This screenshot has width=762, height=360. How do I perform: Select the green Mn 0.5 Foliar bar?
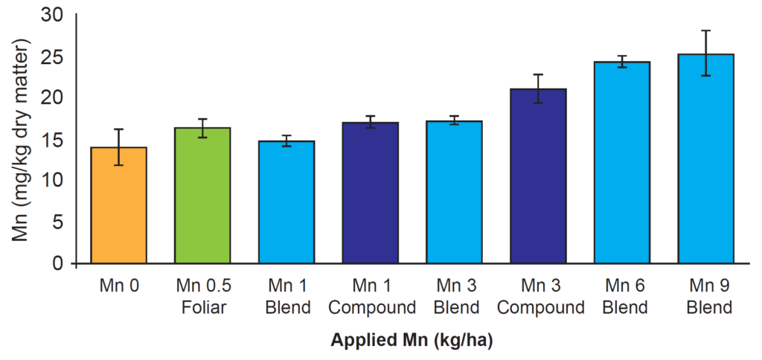[x=202, y=196]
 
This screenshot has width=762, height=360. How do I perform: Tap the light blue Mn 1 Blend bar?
[x=286, y=202]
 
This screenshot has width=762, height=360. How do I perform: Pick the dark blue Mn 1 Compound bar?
[x=371, y=193]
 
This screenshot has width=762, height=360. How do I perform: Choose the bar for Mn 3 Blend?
[x=455, y=193]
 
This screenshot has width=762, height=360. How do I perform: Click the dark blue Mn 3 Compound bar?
[x=539, y=176]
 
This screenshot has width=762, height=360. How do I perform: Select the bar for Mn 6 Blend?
[x=623, y=163]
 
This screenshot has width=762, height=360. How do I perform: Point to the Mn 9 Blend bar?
[x=706, y=159]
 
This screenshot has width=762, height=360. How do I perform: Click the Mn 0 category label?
[x=118, y=286]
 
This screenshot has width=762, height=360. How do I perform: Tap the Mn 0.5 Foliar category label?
[x=202, y=296]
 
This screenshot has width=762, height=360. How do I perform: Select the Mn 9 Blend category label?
[x=706, y=296]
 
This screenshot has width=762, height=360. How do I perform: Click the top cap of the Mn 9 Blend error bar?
[x=706, y=30]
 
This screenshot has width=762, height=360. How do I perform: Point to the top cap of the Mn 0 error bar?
[x=118, y=129]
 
